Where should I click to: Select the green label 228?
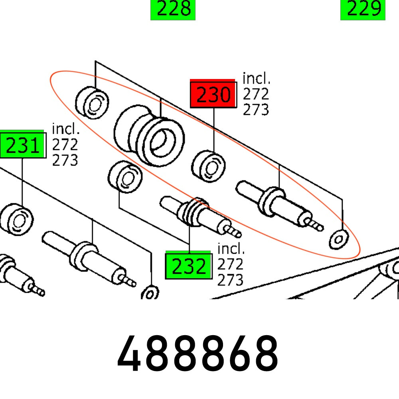173,10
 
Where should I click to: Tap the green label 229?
363,10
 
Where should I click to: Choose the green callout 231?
22,146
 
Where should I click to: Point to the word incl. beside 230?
256,79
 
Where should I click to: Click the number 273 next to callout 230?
256,109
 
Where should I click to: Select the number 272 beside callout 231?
65,144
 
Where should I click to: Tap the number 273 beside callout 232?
230,280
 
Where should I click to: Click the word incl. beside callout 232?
231,249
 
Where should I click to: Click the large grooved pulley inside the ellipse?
150,136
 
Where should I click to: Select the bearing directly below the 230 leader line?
208,165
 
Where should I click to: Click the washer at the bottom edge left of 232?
150,293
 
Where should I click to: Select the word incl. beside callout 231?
66,129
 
